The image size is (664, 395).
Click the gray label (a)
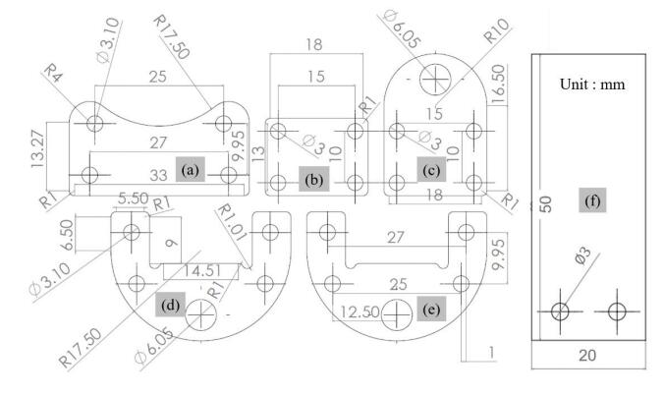click(191, 170)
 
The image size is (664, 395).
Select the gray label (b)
click(313, 179)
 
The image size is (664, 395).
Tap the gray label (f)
click(592, 200)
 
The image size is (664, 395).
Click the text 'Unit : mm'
click(592, 84)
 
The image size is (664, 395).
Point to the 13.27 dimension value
click(37, 148)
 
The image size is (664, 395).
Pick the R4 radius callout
click(54, 73)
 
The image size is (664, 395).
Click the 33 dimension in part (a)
click(158, 175)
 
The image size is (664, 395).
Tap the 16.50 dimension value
click(498, 84)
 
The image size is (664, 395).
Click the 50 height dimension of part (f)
click(546, 203)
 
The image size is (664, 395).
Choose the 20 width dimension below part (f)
click(587, 355)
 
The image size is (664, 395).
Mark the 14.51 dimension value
click(202, 271)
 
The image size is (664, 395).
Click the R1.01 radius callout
click(231, 222)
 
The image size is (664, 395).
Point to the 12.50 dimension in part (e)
click(360, 311)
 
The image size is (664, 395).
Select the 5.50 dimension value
click(134, 197)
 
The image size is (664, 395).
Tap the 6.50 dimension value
click(67, 235)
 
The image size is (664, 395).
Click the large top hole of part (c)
click(435, 79)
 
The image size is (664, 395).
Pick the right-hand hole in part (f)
click(617, 311)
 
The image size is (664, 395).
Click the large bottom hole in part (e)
click(397, 314)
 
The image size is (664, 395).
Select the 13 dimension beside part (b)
click(258, 152)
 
